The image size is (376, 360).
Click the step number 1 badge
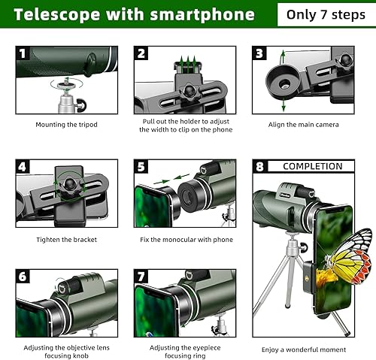[x=23, y=53]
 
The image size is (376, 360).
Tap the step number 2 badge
[x=141, y=53]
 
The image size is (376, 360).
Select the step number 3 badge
[x=259, y=53]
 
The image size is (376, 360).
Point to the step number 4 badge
[x=23, y=167]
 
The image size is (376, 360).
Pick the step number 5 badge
[x=141, y=167]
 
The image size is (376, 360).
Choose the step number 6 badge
[x=23, y=277]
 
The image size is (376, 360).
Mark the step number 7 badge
[x=141, y=277]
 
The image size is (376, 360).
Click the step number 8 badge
[x=260, y=167]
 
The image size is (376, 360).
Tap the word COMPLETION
[x=312, y=166]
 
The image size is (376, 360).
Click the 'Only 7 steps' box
[x=325, y=14]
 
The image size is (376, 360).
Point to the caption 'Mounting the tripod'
[x=66, y=125]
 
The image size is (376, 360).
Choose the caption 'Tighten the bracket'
[x=66, y=240]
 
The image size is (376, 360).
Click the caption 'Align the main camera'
[x=305, y=125]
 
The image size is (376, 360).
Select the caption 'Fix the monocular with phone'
[x=185, y=240]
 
